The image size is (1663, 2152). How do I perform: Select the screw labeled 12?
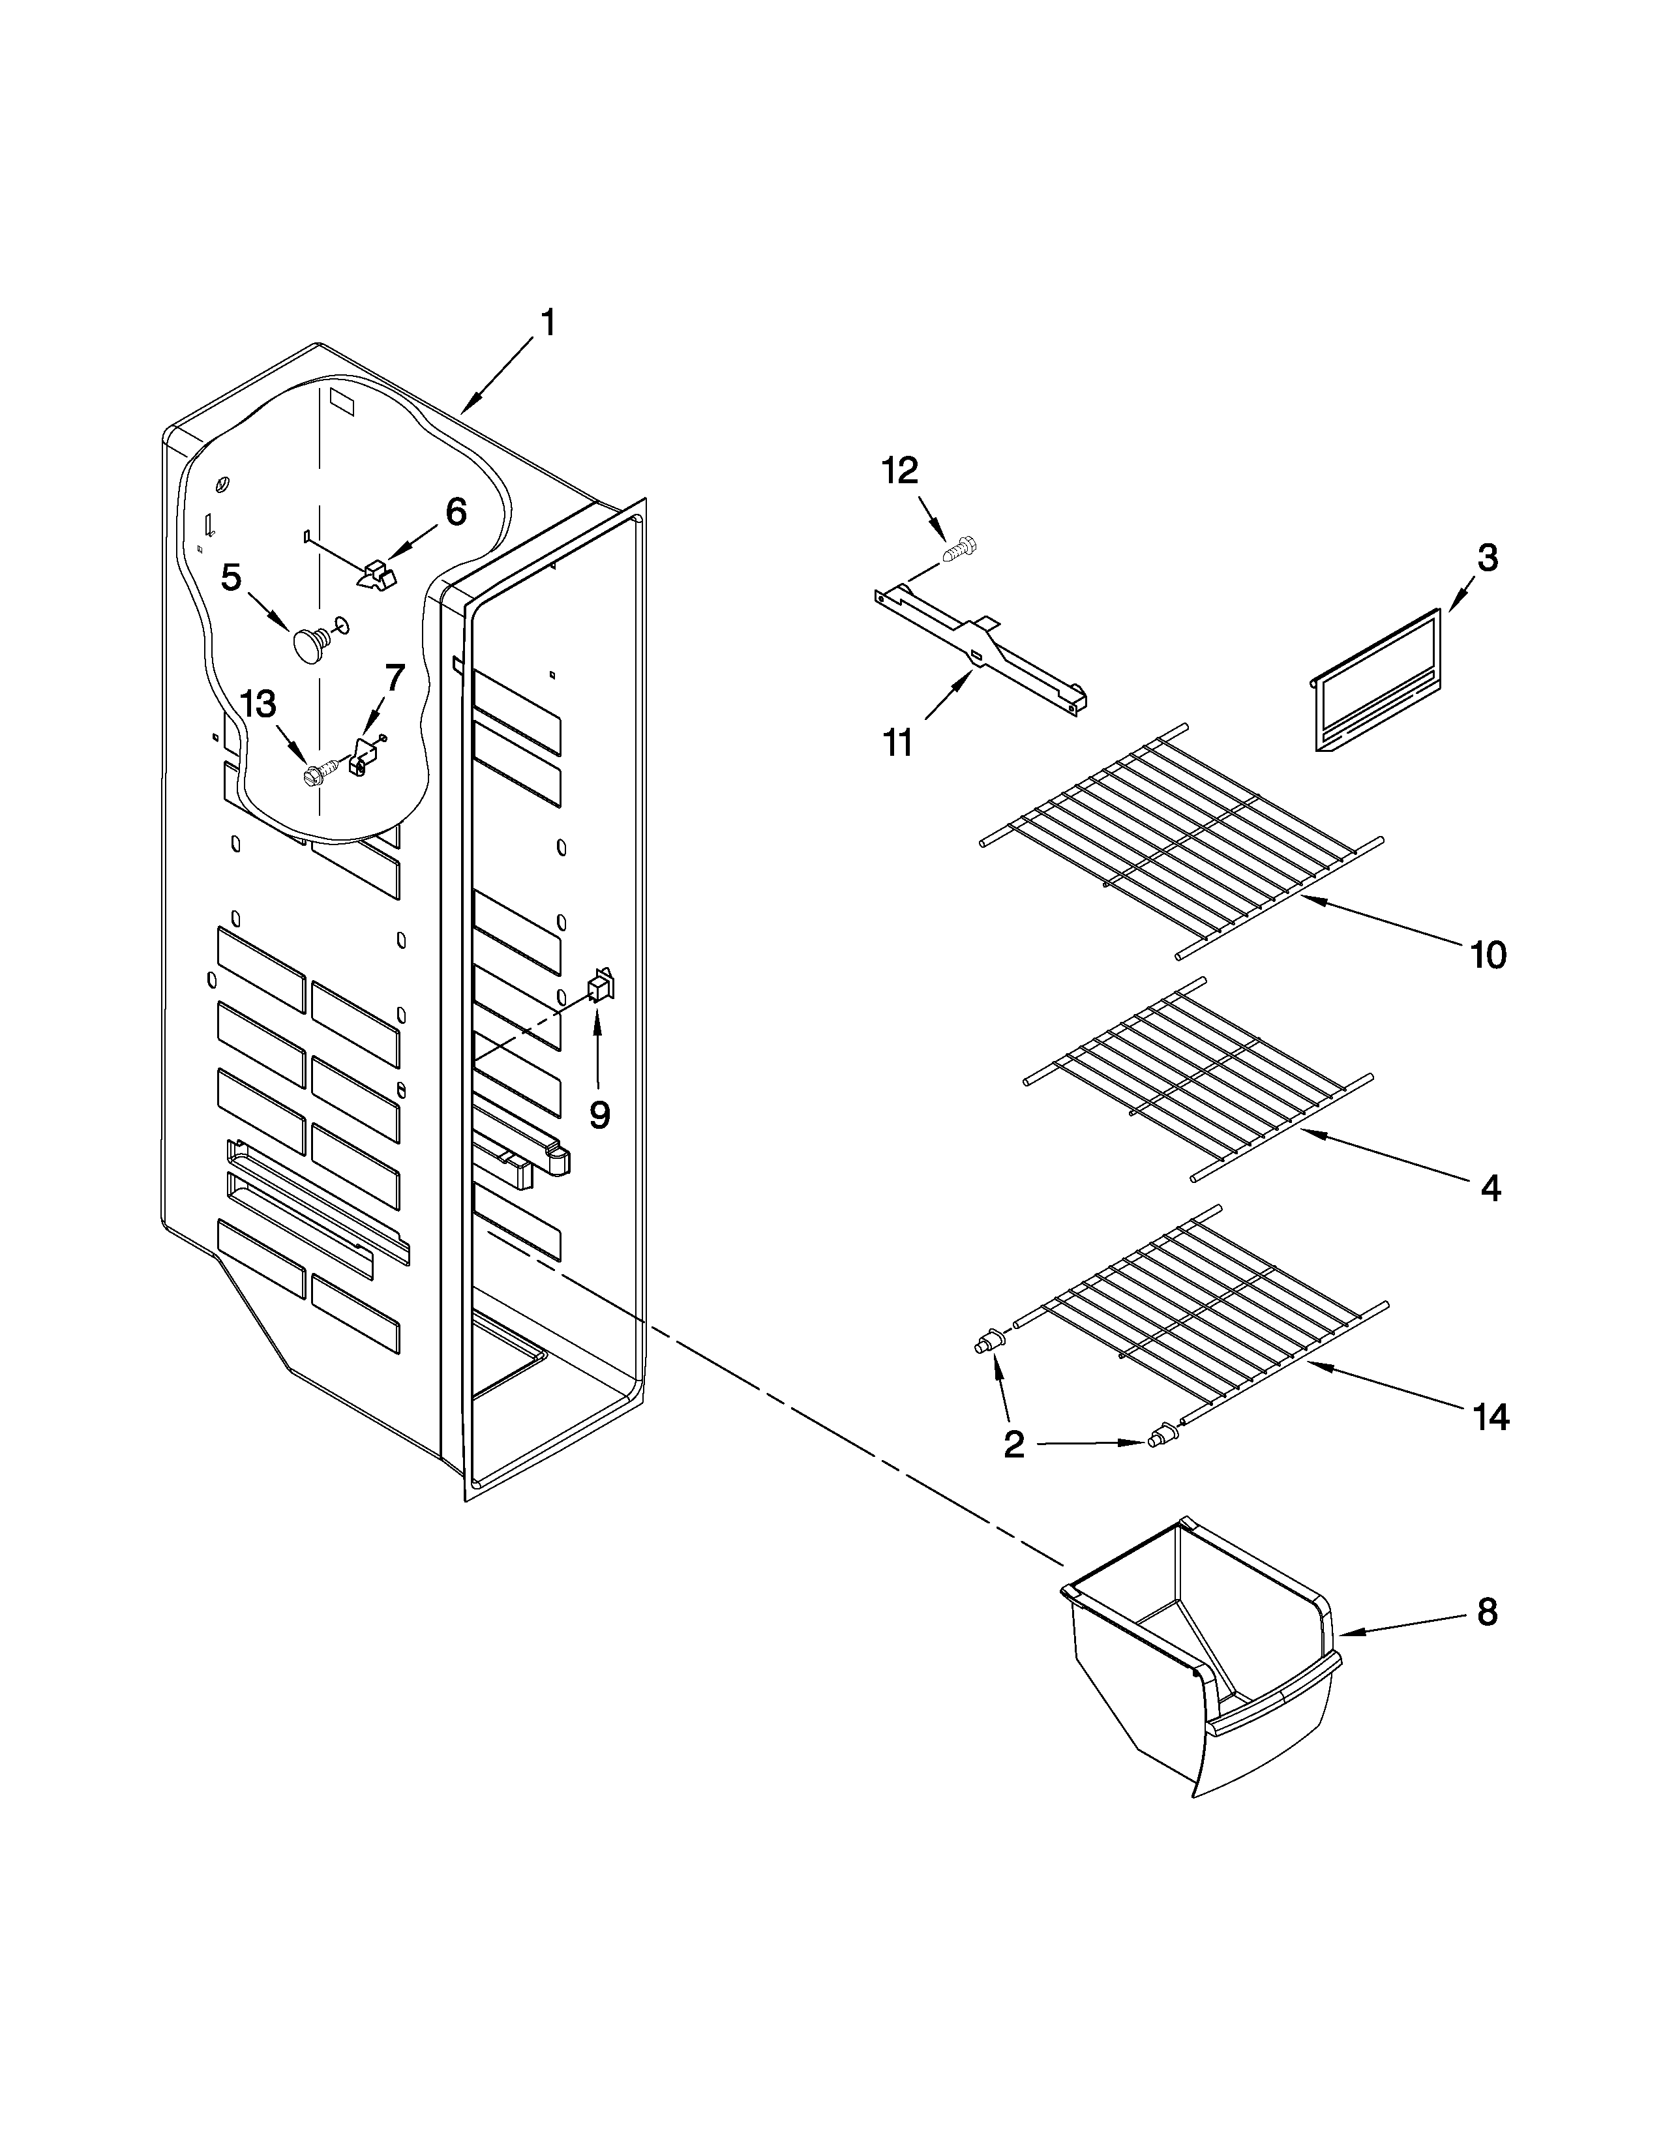(957, 549)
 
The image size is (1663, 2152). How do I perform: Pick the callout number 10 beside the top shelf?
(1488, 954)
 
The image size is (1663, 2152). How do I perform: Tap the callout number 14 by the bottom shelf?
(1491, 1417)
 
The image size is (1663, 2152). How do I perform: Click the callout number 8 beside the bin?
(1487, 1612)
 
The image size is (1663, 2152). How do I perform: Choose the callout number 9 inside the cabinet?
(599, 1114)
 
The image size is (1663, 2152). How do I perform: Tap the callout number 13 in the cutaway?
(258, 704)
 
